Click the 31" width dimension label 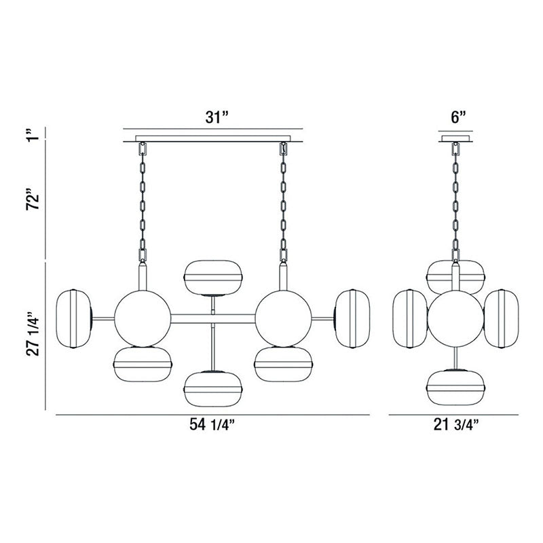(214, 116)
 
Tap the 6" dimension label (459, 116)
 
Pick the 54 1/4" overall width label (213, 426)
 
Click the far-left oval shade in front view (75, 318)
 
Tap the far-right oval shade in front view (351, 318)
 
